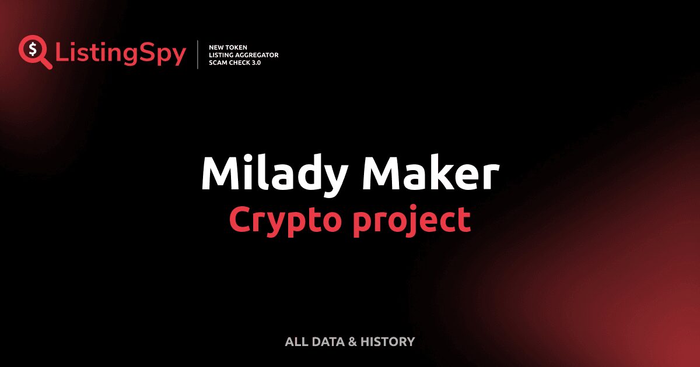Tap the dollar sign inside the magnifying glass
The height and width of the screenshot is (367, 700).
click(x=33, y=49)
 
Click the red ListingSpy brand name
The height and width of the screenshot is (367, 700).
click(x=121, y=54)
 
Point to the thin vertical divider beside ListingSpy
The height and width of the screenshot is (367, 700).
click(x=198, y=55)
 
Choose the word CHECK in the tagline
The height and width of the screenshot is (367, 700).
click(x=240, y=62)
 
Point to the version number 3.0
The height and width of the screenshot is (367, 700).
click(x=256, y=62)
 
